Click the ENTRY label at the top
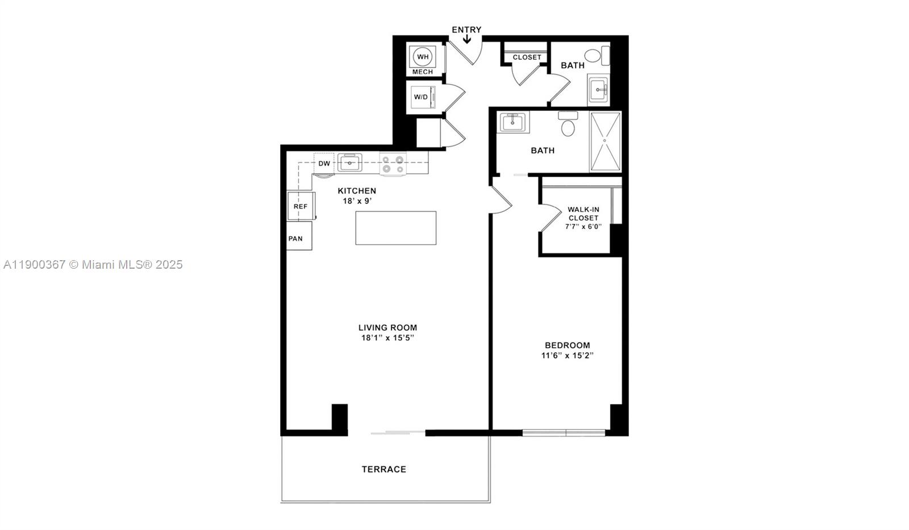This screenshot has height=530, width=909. (466, 30)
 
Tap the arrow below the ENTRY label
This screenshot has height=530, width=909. (466, 39)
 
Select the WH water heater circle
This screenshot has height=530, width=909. (423, 57)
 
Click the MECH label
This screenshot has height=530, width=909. (423, 72)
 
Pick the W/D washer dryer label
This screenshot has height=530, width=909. (421, 97)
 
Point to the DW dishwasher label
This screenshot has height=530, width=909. (324, 164)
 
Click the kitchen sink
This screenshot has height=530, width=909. (350, 163)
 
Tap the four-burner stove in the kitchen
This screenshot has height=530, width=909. (393, 164)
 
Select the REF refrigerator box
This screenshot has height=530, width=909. (301, 206)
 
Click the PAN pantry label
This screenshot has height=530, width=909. (295, 239)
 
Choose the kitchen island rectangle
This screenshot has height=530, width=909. (396, 228)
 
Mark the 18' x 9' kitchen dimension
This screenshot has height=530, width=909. (357, 201)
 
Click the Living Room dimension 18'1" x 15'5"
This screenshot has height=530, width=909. (387, 338)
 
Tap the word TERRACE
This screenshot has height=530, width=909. (384, 469)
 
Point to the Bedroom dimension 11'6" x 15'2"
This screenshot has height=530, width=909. (567, 356)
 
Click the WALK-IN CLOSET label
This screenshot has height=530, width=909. (583, 214)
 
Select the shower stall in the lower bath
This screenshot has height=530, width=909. (605, 142)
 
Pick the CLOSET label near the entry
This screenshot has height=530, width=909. (527, 57)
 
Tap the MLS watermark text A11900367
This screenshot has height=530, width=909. (34, 265)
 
